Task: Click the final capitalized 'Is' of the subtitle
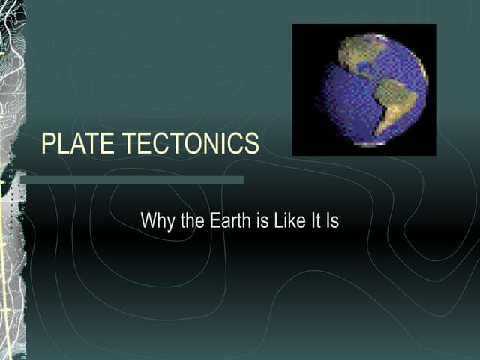331,222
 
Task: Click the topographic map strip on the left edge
12,180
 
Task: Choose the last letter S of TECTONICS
252,144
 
